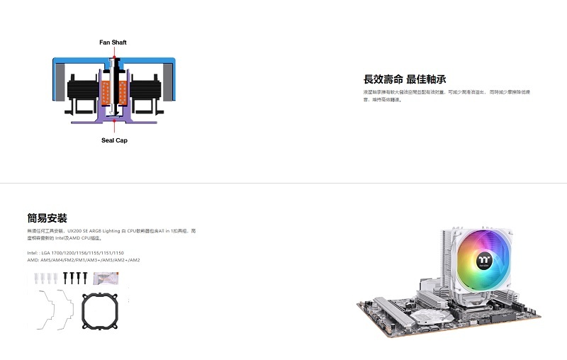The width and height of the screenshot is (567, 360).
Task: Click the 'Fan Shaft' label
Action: (x=113, y=43)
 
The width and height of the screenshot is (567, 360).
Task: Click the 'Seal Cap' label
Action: (x=113, y=140)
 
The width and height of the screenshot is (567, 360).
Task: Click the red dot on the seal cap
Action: (x=113, y=122)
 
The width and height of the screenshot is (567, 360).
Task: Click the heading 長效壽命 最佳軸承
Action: (x=404, y=79)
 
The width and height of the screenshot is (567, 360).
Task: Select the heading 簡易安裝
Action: (x=47, y=218)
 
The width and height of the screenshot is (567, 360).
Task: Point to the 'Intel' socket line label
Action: (x=33, y=252)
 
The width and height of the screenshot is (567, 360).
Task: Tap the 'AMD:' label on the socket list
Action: (x=33, y=260)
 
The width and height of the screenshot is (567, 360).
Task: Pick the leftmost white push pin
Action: (x=36, y=277)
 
